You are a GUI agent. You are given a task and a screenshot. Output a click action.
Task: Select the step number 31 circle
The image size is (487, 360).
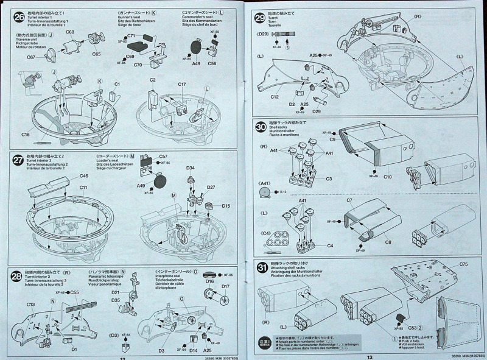[x=260, y=266]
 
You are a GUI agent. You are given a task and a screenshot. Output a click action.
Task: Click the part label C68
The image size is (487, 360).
[x=70, y=32]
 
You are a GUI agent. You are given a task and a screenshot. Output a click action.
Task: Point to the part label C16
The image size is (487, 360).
[x=25, y=133]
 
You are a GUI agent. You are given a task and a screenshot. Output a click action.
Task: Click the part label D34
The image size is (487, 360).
[x=191, y=168]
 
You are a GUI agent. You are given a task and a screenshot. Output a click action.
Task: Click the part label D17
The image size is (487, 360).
[x=225, y=287]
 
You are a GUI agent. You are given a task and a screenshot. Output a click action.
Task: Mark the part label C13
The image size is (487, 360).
[x=32, y=303]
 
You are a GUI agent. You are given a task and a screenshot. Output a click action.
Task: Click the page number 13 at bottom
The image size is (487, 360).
[x=370, y=357]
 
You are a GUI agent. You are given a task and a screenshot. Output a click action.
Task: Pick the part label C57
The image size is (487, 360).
[x=163, y=157]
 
